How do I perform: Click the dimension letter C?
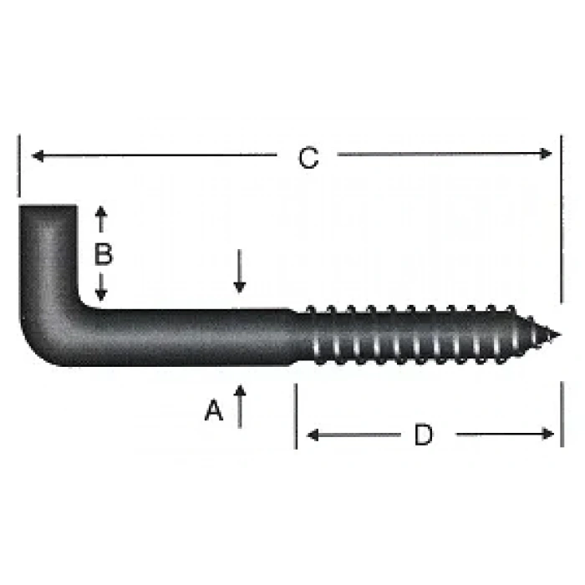pos(308,158)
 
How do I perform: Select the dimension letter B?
pos(103,254)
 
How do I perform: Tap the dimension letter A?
pos(215,410)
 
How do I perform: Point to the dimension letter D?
pos(424,435)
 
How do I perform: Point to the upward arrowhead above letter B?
pos(101,211)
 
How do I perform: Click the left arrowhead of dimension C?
pos(35,154)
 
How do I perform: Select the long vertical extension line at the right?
pos(561,217)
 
